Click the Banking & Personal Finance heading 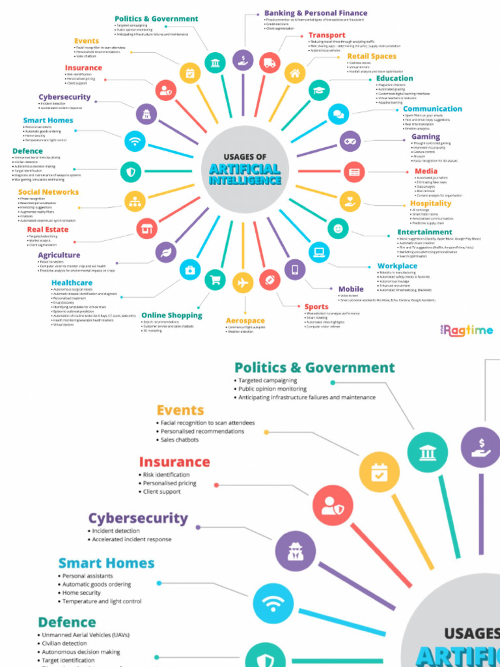[315, 13]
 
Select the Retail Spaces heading [371, 57]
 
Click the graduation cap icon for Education [319, 90]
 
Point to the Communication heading [432, 109]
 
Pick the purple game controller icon [350, 141]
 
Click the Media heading [426, 171]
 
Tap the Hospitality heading [430, 203]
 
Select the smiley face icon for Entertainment [337, 228]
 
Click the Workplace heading [397, 266]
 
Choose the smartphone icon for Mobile [294, 269]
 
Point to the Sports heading [316, 306]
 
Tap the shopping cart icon [215, 280]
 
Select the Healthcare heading [72, 283]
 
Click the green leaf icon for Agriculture [165, 251]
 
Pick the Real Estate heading [48, 229]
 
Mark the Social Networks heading [48, 192]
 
